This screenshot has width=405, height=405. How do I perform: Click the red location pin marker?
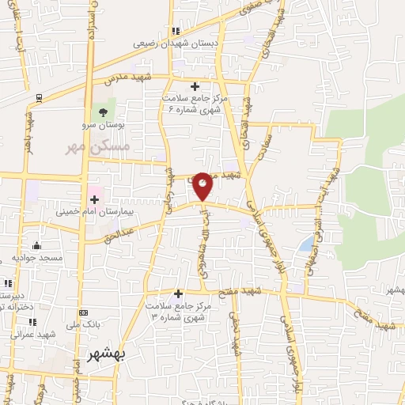pyautogui.click(x=203, y=184)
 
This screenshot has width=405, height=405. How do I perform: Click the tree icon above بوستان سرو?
pyautogui.click(x=102, y=112)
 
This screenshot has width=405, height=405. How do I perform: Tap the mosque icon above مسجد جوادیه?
pyautogui.click(x=35, y=246)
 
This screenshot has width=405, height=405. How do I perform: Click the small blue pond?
pyautogui.click(x=305, y=245)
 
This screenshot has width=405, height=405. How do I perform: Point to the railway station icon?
pyautogui.click(x=38, y=98)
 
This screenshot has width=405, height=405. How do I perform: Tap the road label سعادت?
pyautogui.click(x=267, y=143)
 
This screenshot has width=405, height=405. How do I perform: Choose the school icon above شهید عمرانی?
pyautogui.click(x=33, y=322)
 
